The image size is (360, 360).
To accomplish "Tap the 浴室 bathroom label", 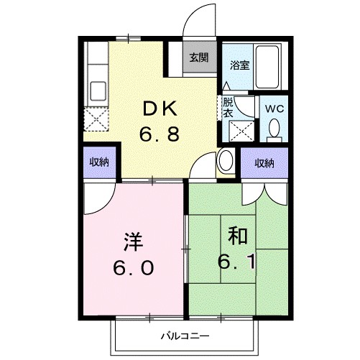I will [239, 65].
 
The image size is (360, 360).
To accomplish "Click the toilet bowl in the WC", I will [273, 129].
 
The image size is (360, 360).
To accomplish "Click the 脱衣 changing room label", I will [228, 108].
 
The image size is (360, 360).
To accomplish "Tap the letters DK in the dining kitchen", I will [157, 109].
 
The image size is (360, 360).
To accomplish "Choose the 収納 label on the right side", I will [264, 163].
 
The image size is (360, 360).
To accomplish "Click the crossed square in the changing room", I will [241, 131].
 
